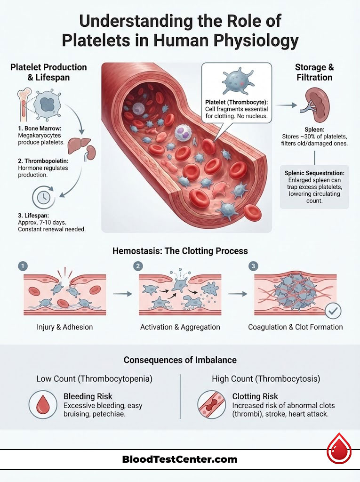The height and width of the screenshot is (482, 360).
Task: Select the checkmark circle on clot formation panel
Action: point(334,310)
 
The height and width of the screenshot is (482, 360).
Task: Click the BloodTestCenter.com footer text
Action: point(180,459)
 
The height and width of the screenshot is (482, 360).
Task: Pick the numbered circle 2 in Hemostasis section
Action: point(138,266)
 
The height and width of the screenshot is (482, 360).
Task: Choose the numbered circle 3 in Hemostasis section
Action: point(254,266)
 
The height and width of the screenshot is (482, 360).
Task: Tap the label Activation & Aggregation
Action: point(180,327)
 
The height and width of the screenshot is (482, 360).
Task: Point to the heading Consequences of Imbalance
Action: point(180,360)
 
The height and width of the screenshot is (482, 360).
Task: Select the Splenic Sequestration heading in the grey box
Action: point(314,173)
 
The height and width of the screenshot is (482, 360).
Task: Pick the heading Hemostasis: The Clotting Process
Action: point(180,251)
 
